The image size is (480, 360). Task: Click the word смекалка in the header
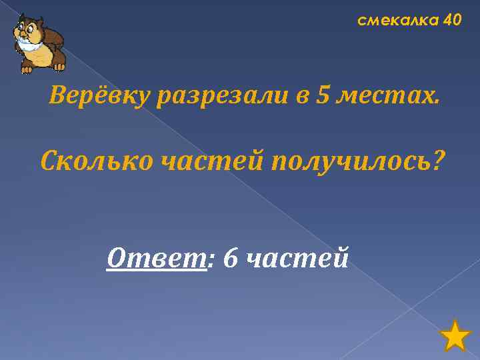[x=397, y=21]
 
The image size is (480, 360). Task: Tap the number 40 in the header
[x=451, y=21]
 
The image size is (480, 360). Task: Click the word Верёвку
[x=100, y=98]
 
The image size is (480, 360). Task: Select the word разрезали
[x=223, y=98]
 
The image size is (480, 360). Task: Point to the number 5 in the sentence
[x=323, y=97]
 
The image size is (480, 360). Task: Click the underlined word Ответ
[x=156, y=257]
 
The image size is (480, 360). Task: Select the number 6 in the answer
[x=230, y=257]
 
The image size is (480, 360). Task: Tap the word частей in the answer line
[x=297, y=257]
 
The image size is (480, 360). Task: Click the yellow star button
[x=456, y=335]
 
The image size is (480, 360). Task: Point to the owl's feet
[x=28, y=68]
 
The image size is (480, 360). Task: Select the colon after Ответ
[x=211, y=259]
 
